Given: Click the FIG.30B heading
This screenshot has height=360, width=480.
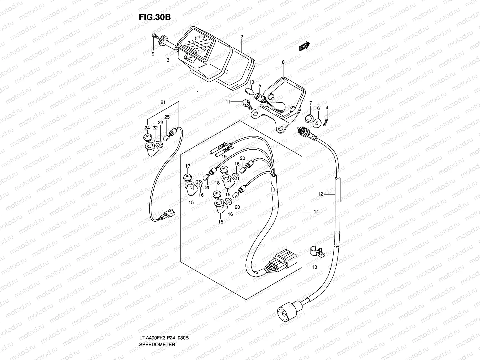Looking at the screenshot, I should pyautogui.click(x=154, y=17).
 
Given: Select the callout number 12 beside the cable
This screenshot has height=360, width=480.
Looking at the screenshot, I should pyautogui.click(x=320, y=194).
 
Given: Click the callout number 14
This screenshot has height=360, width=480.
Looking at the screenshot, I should pyautogui.click(x=316, y=212).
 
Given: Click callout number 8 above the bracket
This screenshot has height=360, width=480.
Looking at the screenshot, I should pyautogui.click(x=283, y=62).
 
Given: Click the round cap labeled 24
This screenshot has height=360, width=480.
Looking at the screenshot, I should pyautogui.click(x=147, y=138).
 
